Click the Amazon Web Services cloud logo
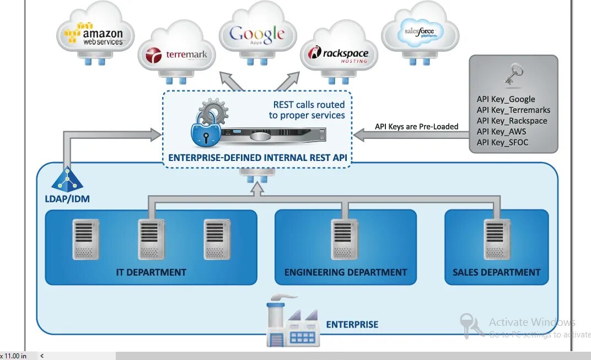94,34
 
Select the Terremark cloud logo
170,55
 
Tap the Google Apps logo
257,35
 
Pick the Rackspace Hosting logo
338,55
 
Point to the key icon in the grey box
514,74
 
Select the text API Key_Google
506,99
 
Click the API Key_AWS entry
501,132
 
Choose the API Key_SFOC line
502,143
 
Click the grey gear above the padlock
213,113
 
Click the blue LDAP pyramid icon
67,179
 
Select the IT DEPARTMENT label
151,272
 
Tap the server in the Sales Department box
497,239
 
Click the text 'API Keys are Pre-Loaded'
416,127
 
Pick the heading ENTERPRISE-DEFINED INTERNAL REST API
257,158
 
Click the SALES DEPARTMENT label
496,272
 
